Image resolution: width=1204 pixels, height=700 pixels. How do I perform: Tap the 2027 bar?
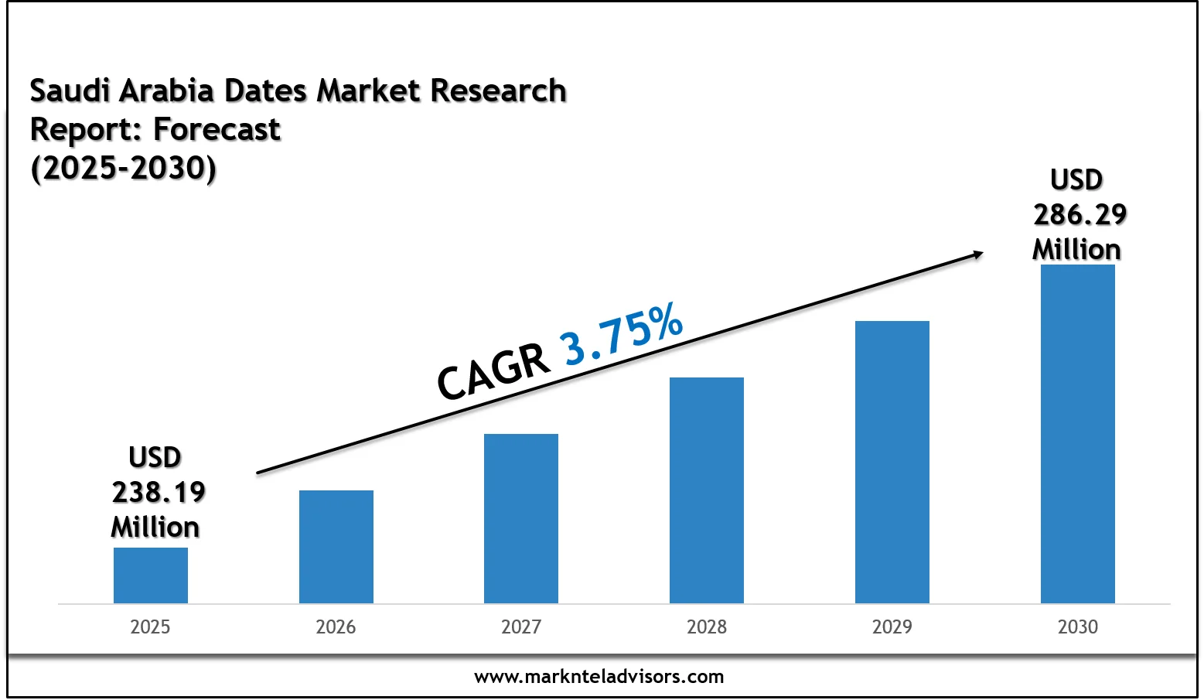(521, 518)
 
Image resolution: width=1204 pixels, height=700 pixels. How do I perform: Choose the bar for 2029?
(892, 462)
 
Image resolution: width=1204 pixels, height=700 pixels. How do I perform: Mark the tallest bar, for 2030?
(1078, 433)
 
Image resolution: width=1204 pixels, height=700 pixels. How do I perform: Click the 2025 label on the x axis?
(150, 627)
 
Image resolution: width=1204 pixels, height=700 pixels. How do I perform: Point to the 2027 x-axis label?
(521, 627)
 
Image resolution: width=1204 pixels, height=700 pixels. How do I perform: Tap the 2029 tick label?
(892, 627)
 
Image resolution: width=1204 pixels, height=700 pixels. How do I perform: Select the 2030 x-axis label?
(1078, 627)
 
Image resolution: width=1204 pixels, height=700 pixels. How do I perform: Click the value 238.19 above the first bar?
(159, 492)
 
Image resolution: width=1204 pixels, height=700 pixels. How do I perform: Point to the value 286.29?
(1080, 214)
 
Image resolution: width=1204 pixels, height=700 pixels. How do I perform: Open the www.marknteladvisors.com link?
(599, 677)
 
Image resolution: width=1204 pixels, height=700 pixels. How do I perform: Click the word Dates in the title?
(267, 91)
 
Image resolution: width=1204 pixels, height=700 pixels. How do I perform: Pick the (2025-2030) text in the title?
(124, 168)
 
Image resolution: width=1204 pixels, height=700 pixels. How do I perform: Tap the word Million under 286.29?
(1076, 249)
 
